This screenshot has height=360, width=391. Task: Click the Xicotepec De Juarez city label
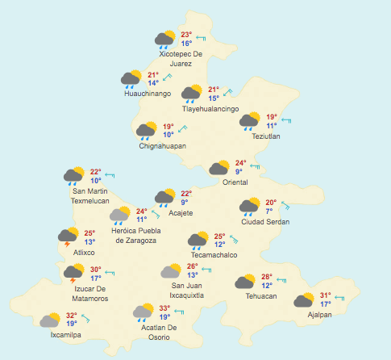tap(181, 58)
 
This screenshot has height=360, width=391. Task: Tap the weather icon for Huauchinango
tap(132, 78)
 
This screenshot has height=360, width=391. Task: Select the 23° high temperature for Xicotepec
tap(186, 35)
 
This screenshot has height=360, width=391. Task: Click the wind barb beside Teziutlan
tap(285, 120)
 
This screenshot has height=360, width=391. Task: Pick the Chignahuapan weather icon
tap(147, 131)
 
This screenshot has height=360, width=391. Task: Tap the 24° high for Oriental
tap(239, 163)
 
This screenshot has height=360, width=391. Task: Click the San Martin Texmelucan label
tap(89, 195)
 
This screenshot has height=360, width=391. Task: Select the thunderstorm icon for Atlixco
tap(69, 237)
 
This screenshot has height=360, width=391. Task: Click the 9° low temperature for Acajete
tap(185, 203)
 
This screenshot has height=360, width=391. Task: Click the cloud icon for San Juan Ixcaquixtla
tap(171, 271)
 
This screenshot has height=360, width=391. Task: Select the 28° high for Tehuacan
tap(267, 277)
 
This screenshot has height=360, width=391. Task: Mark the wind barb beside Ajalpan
tap(339, 299)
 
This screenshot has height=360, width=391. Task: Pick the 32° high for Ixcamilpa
tap(72, 316)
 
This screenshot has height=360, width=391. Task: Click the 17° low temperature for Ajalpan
tap(325, 304)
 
